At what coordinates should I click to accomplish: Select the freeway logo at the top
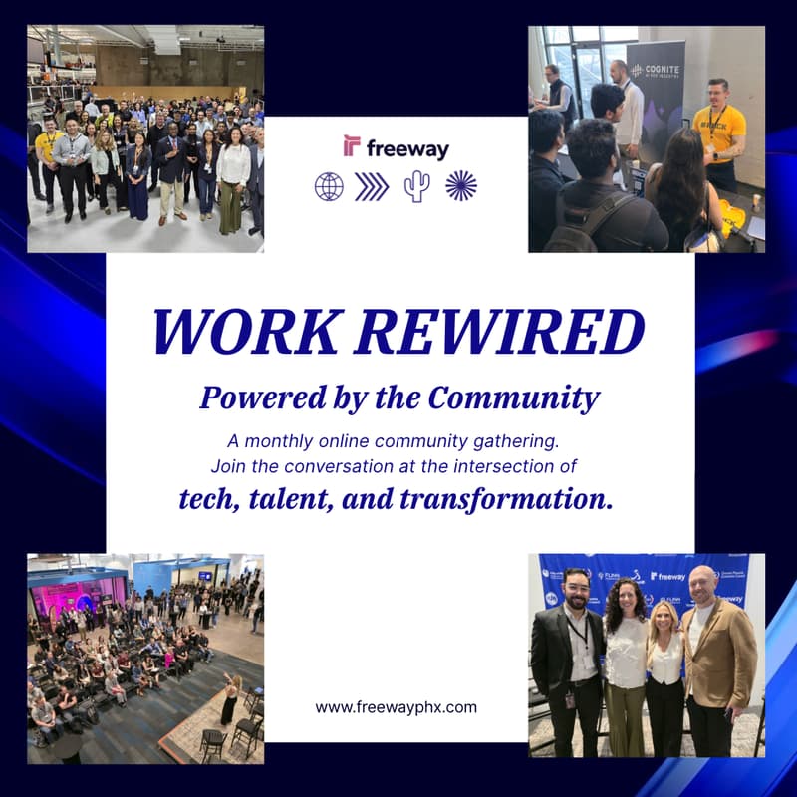click(397, 147)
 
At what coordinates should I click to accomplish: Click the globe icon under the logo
click(328, 186)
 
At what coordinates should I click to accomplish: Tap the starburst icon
click(461, 186)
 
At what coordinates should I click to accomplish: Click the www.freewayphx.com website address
click(397, 707)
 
